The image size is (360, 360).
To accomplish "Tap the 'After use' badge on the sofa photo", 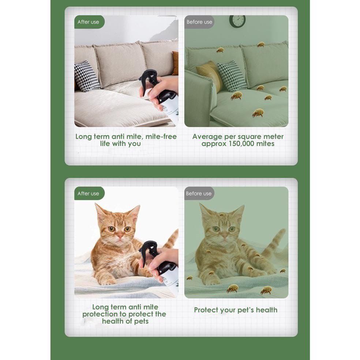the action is [x=89, y=22].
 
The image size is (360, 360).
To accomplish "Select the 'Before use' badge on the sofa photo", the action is [x=199, y=22].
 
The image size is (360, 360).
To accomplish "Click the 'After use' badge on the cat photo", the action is [x=89, y=193].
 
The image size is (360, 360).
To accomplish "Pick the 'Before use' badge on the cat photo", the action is [x=199, y=193].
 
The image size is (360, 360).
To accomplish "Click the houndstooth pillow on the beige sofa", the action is [x=86, y=76].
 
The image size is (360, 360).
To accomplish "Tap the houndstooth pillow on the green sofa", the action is [x=232, y=76].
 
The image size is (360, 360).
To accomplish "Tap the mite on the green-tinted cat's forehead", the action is [x=222, y=215].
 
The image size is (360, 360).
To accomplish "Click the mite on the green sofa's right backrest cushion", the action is [x=260, y=44].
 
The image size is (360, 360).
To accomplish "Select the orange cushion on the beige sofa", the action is [x=175, y=63].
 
